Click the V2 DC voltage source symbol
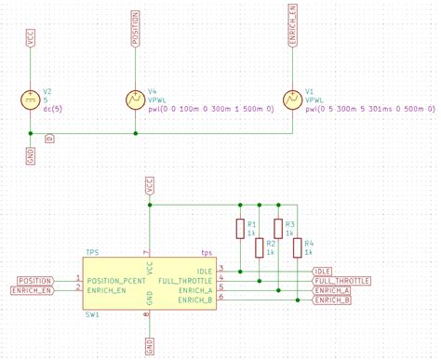31,99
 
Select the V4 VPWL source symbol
136,99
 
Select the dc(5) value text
54,109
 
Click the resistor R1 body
240,228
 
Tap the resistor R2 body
259,247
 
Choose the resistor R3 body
277,228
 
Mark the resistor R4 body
297,247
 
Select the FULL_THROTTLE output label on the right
341,280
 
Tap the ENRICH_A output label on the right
332,290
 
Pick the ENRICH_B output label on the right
332,300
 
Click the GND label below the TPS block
149,347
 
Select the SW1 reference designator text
92,315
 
